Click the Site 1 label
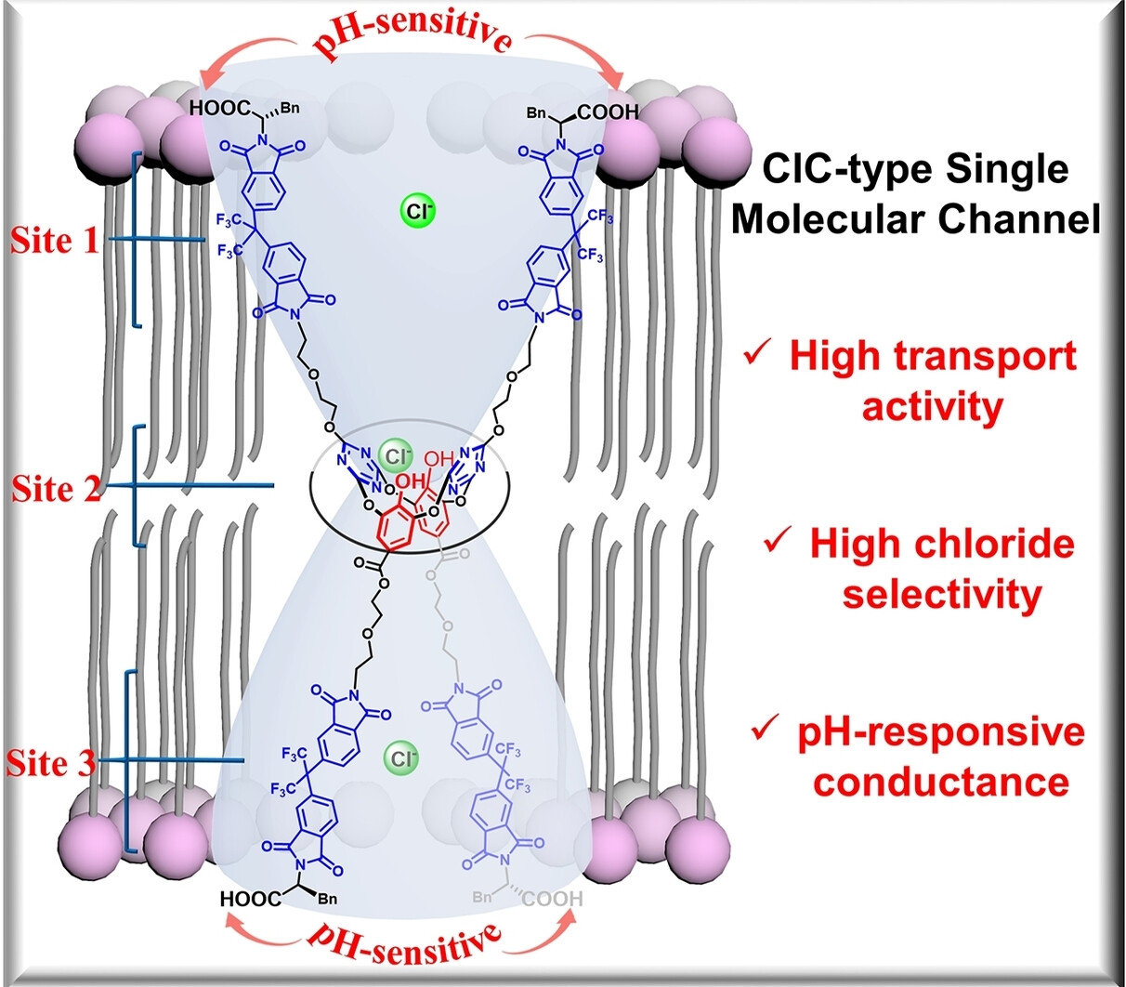tap(54, 242)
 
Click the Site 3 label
tap(51, 764)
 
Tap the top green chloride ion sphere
tap(418, 211)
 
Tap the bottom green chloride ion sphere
tap(401, 759)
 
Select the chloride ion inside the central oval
tap(397, 456)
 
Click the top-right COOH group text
tap(608, 112)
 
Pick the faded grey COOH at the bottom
tap(552, 899)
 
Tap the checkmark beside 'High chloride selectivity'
tap(776, 542)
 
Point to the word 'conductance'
tap(941, 781)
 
